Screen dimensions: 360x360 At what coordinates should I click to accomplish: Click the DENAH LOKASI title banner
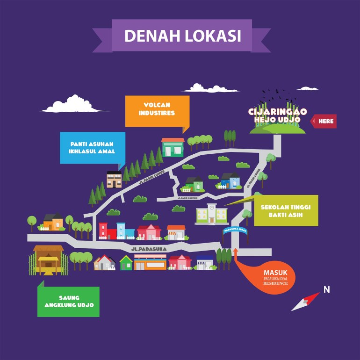point(182,36)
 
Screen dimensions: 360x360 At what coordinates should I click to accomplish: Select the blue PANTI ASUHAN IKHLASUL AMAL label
point(93,147)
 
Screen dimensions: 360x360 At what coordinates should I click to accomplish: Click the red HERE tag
point(325,121)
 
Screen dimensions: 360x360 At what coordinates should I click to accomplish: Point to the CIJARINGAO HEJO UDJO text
point(278,115)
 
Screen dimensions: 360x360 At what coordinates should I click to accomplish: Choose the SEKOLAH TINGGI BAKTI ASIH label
point(286,210)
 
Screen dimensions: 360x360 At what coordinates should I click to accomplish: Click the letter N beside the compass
point(326,289)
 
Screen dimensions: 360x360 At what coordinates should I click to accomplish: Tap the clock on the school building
point(212,208)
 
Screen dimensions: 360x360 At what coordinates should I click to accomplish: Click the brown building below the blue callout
point(114,179)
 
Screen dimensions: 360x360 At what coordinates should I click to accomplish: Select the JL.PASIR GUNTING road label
point(187,198)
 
